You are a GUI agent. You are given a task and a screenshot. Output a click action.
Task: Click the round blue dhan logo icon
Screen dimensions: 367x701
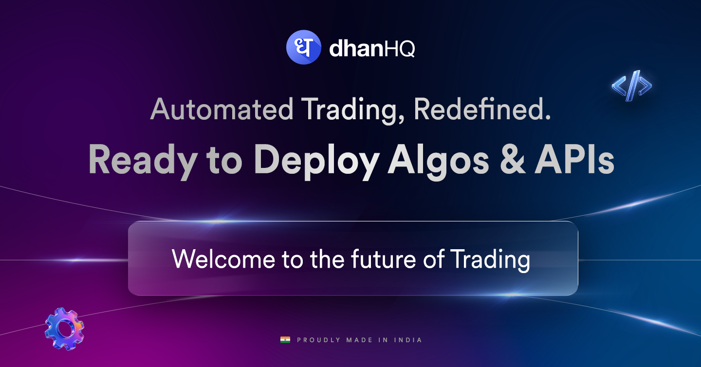(303, 47)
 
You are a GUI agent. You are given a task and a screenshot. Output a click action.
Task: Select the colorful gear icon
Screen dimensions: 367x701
(64, 329)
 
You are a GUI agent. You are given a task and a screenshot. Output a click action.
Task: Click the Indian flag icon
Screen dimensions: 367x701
(285, 340)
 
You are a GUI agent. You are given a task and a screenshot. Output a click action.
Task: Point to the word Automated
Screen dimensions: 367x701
(221, 110)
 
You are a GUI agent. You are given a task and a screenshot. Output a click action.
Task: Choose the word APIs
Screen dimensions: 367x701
(574, 161)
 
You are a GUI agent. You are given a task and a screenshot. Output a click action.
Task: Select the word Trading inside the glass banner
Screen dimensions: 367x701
(490, 259)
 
